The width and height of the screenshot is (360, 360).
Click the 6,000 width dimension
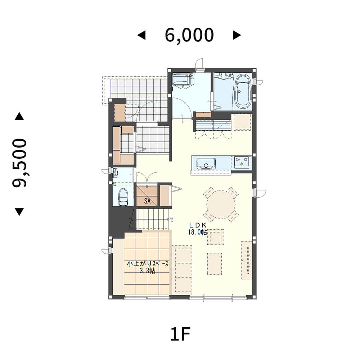coord(189,35)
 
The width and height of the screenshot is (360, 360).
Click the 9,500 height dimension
coord(19,163)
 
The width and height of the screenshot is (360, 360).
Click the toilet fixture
coord(123,197)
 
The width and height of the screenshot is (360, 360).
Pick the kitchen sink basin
coord(206,163)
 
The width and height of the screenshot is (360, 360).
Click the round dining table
coord(221,204)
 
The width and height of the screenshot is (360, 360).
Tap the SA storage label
coord(147,201)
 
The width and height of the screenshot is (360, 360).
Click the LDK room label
coord(198,225)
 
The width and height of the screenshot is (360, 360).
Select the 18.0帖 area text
coord(197,232)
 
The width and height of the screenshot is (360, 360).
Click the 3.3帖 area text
coord(148,271)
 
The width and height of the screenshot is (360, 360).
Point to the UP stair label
coord(171,220)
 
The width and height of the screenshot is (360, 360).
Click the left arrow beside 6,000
coord(141,35)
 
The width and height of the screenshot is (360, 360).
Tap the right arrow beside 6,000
coord(237,35)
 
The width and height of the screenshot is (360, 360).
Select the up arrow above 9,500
coord(19,116)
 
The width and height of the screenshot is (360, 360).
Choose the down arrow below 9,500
coord(19,212)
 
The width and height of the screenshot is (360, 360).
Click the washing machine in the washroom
coord(183,81)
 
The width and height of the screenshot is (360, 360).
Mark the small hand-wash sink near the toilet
coord(115,172)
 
